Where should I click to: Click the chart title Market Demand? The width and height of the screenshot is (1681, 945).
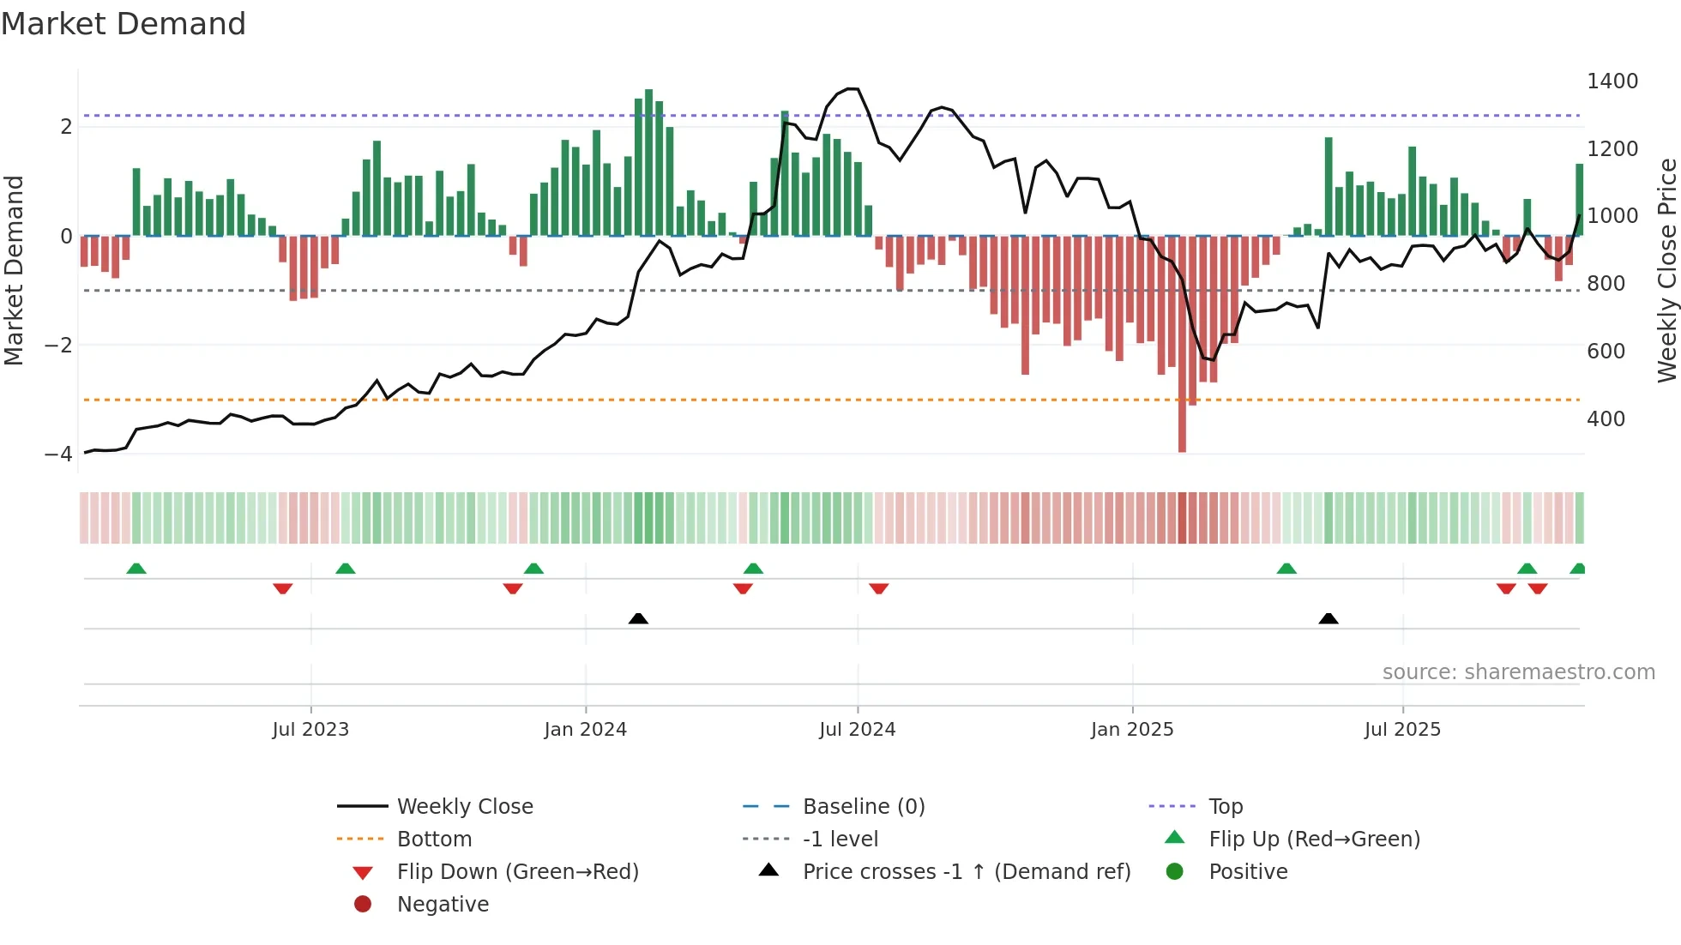pyautogui.click(x=124, y=23)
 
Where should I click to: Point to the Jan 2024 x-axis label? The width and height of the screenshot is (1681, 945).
pyautogui.click(x=585, y=730)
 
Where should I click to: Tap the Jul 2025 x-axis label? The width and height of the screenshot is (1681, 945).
pyautogui.click(x=1402, y=730)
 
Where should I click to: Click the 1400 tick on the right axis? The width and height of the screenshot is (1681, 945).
pyautogui.click(x=1612, y=81)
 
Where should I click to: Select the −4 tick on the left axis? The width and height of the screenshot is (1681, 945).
pyautogui.click(x=59, y=454)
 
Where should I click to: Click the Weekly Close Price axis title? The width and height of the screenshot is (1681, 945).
pyautogui.click(x=1666, y=270)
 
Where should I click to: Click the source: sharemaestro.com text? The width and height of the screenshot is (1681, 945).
pyautogui.click(x=1518, y=672)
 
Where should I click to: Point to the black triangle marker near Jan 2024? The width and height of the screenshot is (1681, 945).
pyautogui.click(x=638, y=618)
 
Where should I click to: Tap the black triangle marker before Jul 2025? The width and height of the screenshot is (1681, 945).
pyautogui.click(x=1329, y=618)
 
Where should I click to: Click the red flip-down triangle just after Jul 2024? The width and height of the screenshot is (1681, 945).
pyautogui.click(x=878, y=588)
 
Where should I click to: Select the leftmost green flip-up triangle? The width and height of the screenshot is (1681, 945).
pyautogui.click(x=136, y=569)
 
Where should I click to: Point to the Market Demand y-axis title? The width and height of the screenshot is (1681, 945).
pyautogui.click(x=14, y=270)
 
